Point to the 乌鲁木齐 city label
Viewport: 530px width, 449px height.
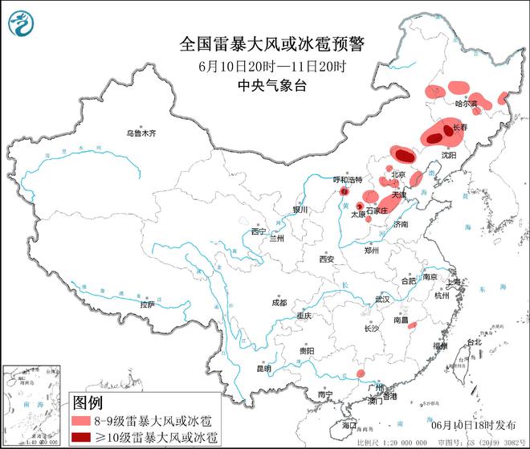click(x=141, y=133)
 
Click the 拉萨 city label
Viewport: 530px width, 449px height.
click(x=146, y=304)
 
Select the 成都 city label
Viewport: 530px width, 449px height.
click(x=279, y=303)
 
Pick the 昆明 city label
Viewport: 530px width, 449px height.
click(x=263, y=368)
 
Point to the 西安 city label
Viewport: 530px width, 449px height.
click(x=325, y=259)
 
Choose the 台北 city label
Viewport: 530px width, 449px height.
click(x=475, y=341)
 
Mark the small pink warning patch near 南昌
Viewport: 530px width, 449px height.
click(x=412, y=325)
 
